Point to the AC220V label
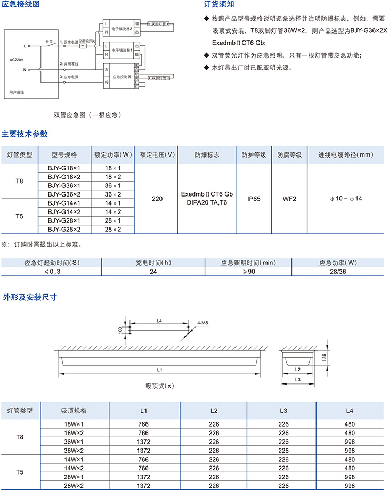click(17, 59)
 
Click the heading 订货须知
click(219, 5)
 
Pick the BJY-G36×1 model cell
click(64, 185)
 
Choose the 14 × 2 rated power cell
click(112, 211)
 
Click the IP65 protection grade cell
click(253, 199)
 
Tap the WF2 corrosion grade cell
click(289, 199)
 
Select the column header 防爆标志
click(207, 155)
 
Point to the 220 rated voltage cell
click(157, 199)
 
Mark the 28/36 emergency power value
click(338, 272)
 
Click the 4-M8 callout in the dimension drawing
click(202, 323)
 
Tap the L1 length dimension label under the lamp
click(159, 369)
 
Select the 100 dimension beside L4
click(120, 330)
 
